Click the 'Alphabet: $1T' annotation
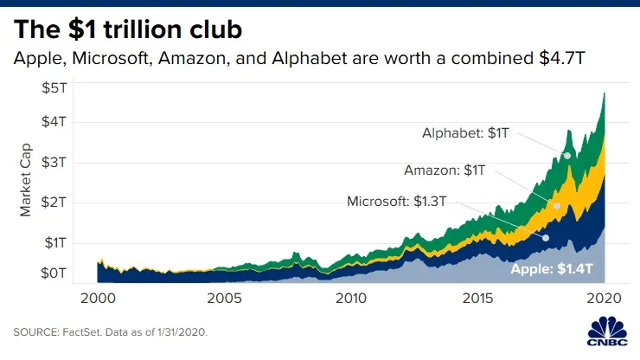pyautogui.click(x=465, y=133)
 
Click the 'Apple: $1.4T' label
pyautogui.click(x=552, y=270)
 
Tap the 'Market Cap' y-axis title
pyautogui.click(x=25, y=182)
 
